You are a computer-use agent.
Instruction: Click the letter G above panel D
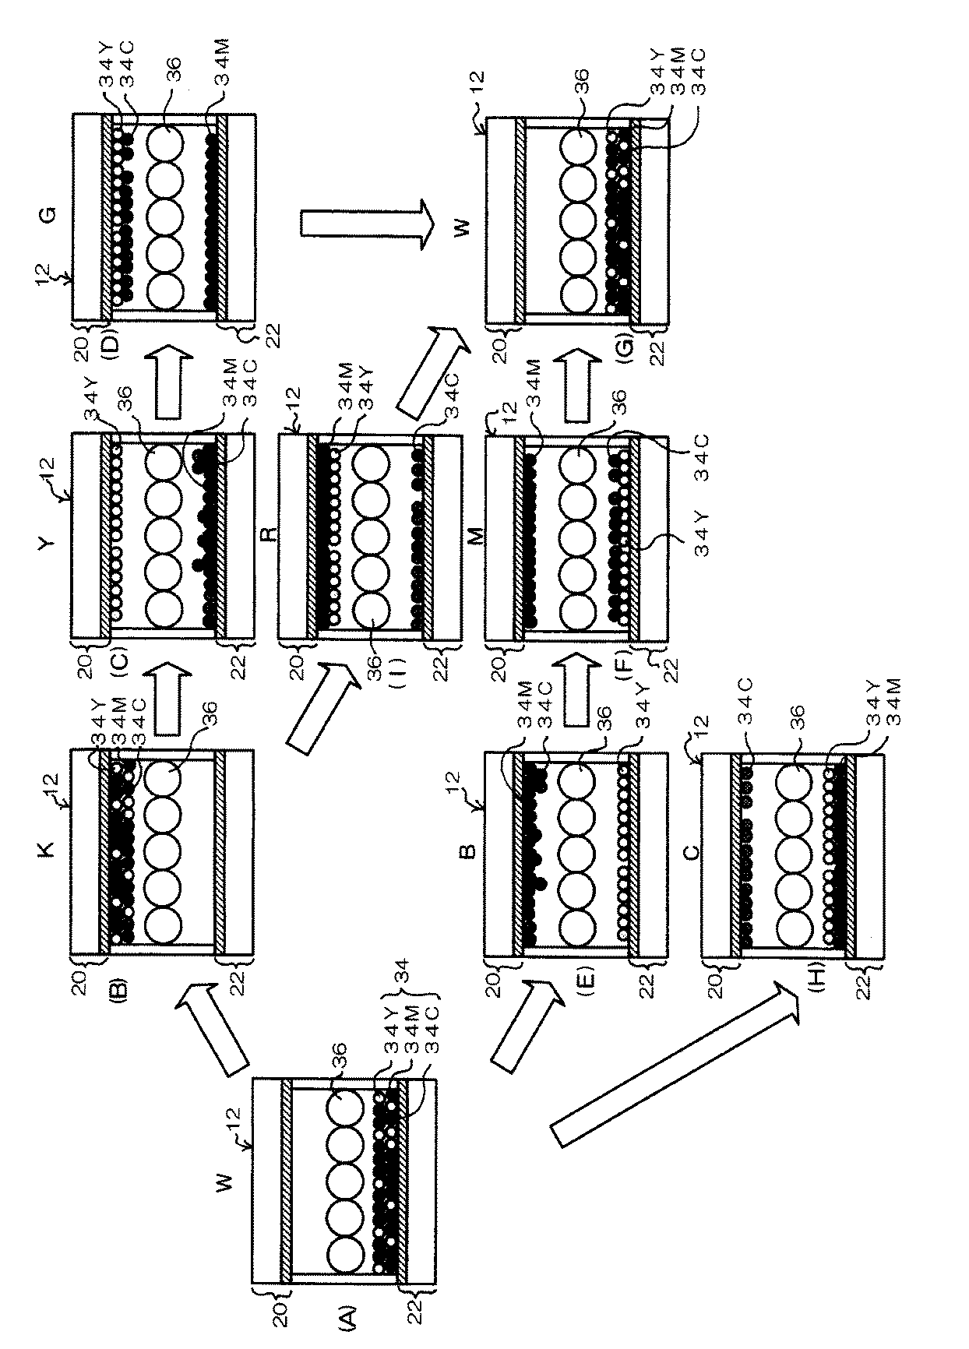click(44, 210)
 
